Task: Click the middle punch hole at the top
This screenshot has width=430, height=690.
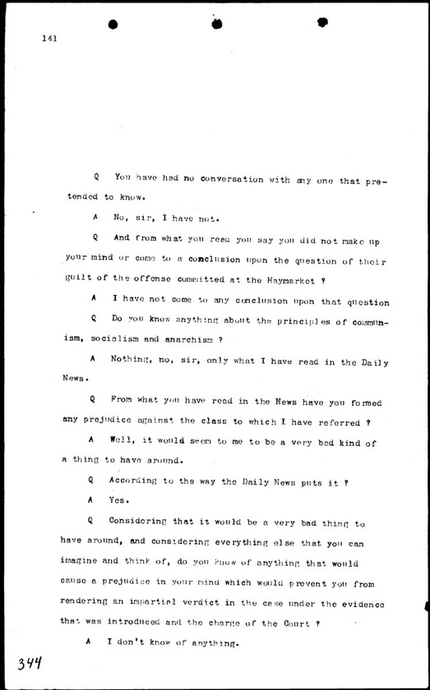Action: (x=216, y=24)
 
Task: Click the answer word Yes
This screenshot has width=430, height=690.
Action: (x=120, y=499)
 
